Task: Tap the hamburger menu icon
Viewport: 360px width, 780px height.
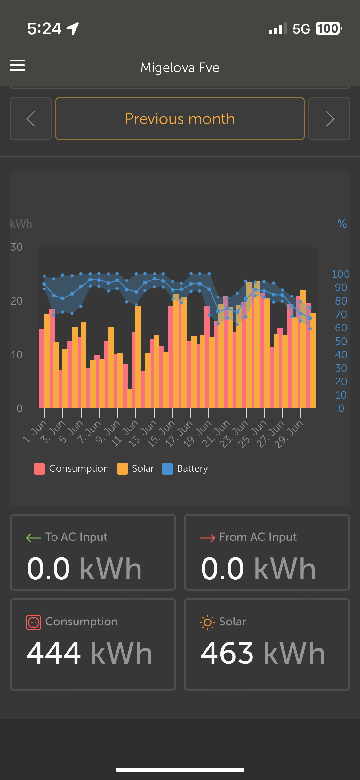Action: tap(17, 65)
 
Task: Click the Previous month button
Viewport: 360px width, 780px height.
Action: tap(180, 119)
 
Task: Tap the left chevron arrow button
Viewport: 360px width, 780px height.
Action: tap(30, 119)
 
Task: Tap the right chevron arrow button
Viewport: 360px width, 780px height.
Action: tap(329, 119)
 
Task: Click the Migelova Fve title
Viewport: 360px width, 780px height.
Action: tap(180, 68)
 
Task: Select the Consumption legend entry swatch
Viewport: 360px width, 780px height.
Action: tap(39, 469)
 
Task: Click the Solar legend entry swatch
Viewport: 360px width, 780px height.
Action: tap(123, 469)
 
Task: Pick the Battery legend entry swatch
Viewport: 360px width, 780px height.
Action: tap(167, 469)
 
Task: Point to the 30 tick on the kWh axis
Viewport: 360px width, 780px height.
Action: tap(17, 247)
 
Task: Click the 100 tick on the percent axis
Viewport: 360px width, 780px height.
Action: tap(341, 274)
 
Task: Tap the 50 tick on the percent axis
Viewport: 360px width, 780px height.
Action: tap(341, 341)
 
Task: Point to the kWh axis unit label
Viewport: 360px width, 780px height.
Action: tap(21, 224)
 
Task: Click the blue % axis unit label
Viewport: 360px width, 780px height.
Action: tap(342, 224)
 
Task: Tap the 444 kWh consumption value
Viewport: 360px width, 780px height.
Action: tap(89, 653)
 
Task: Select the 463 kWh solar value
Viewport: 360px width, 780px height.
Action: tap(262, 653)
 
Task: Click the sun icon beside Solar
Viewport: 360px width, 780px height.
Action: tap(207, 622)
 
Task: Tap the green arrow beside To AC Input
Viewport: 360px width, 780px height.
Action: tap(34, 538)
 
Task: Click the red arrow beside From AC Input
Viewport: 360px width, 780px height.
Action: tap(207, 538)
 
